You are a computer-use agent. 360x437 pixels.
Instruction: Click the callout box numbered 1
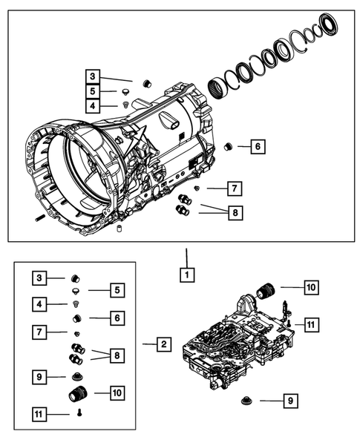coord(187,274)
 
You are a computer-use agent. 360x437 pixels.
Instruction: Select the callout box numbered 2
coord(164,344)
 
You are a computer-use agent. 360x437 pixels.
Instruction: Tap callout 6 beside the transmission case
coord(256,147)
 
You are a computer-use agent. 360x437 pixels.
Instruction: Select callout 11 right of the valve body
coord(310,323)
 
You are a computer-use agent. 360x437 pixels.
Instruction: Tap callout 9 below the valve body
coord(290,401)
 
